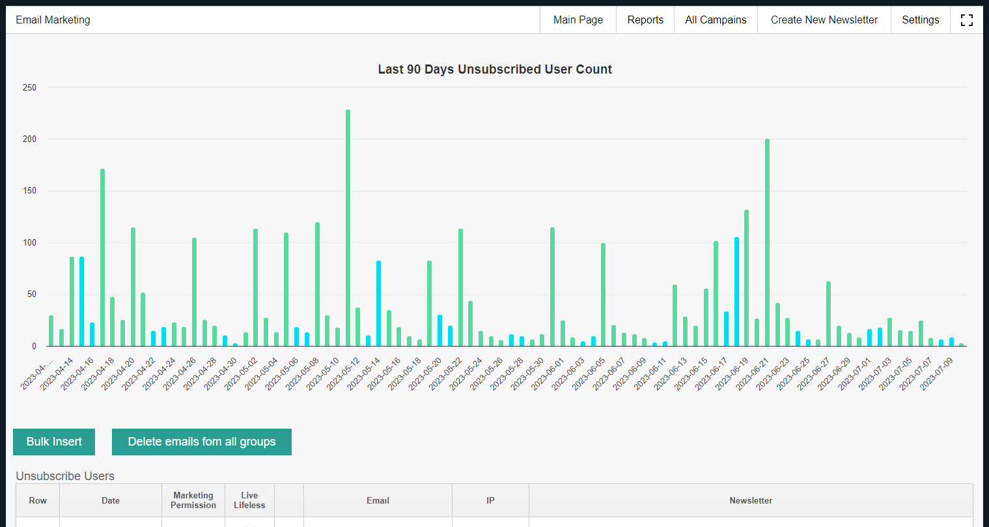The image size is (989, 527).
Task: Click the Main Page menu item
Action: click(x=578, y=20)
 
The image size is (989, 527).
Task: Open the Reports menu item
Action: click(x=645, y=20)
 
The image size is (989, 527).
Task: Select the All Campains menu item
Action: click(x=716, y=20)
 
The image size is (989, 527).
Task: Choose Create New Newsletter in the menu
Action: click(x=824, y=20)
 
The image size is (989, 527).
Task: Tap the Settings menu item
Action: click(x=920, y=20)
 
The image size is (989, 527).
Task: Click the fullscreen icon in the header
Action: click(x=966, y=20)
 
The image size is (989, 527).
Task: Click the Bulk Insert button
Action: click(x=54, y=442)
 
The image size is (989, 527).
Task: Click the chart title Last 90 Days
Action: click(x=495, y=69)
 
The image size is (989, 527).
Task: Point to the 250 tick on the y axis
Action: click(x=29, y=87)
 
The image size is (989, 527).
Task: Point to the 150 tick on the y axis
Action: click(x=29, y=191)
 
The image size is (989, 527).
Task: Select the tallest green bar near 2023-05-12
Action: click(x=348, y=227)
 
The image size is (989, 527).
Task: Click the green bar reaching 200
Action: click(x=768, y=242)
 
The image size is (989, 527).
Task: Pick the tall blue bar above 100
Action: click(x=736, y=292)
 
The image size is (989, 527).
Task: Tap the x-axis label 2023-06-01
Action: click(x=548, y=375)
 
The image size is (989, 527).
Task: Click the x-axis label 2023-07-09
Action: click(x=936, y=375)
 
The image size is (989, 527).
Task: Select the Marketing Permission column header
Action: click(x=193, y=500)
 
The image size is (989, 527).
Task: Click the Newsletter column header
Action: click(x=751, y=500)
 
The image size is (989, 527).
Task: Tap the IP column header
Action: click(x=490, y=500)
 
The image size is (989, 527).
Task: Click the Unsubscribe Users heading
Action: click(x=65, y=476)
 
